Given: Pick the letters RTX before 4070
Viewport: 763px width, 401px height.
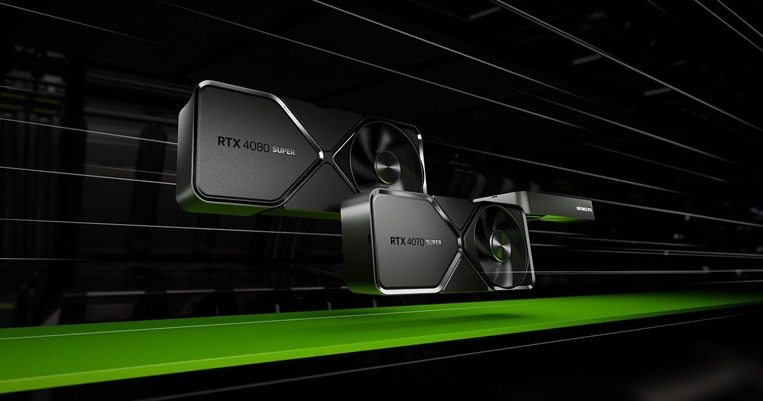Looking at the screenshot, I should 397,241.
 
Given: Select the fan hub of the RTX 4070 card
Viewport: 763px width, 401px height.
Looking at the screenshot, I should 500,244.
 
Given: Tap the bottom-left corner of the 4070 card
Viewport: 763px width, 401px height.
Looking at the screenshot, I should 347,284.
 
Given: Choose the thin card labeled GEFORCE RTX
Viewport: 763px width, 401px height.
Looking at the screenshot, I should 560,205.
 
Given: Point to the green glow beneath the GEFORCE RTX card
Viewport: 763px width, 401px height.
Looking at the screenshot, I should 560,220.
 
